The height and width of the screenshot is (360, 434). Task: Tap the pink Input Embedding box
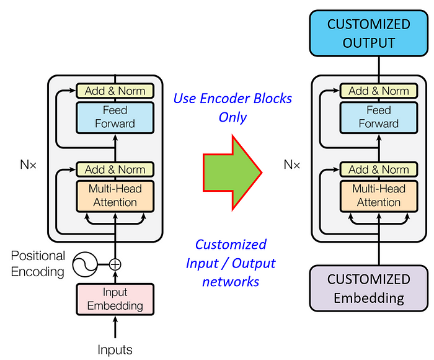tap(115, 299)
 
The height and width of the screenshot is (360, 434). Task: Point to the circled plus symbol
tap(115, 264)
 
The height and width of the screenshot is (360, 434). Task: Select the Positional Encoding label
tap(38, 263)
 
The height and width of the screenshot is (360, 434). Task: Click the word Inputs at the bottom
tap(115, 349)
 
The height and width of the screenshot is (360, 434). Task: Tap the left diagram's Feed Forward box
tap(115, 117)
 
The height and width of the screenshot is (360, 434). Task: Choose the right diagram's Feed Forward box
tap(378, 117)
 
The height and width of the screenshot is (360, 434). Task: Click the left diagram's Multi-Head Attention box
tap(115, 195)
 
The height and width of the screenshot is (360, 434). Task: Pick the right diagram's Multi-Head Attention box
tap(378, 195)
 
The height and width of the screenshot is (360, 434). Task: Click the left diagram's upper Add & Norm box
tap(115, 91)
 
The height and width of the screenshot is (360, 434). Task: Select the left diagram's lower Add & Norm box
tap(115, 169)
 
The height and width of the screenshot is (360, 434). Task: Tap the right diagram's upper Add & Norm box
tap(378, 91)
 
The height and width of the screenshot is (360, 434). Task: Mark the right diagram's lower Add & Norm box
tap(378, 169)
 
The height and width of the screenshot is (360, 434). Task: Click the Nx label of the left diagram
tap(29, 165)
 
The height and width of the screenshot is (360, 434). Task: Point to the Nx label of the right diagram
tap(292, 165)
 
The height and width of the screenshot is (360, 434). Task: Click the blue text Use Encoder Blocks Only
tap(232, 107)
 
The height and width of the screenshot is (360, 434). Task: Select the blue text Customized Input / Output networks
tap(231, 263)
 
